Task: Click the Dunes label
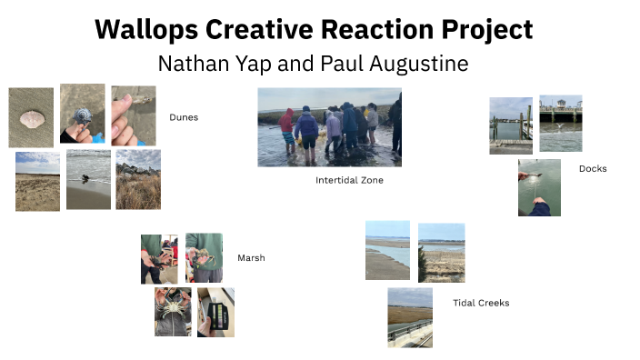(183, 117)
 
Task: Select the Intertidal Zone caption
(349, 180)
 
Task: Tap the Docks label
(592, 168)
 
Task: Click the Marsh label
(251, 258)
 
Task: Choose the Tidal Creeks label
(481, 303)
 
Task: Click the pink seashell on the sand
(31, 118)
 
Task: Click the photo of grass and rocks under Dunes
(138, 180)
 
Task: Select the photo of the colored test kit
(215, 313)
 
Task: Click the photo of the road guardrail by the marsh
(409, 317)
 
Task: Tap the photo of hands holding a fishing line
(539, 187)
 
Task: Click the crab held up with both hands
(172, 312)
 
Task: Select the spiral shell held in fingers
(82, 115)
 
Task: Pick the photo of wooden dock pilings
(510, 125)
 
